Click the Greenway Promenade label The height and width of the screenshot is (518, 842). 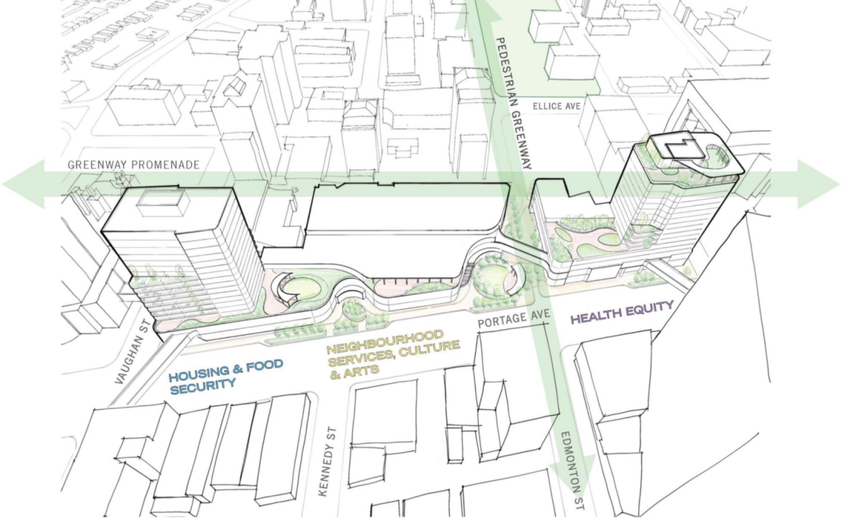134,165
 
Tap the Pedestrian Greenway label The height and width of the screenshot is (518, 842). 513,104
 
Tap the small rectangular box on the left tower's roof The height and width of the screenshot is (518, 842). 162,204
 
